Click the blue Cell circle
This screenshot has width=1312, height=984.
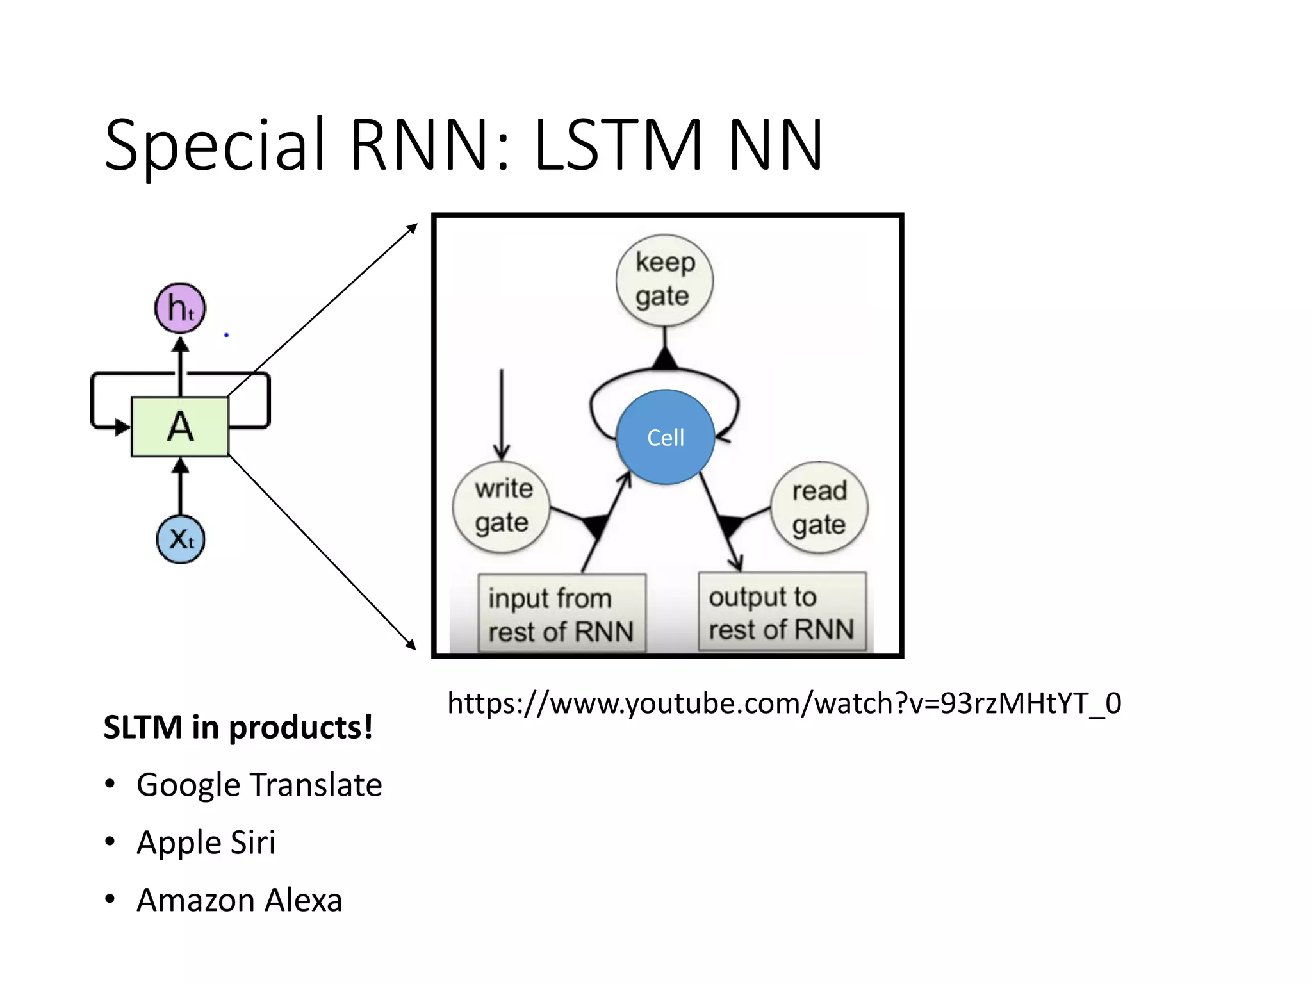(x=666, y=437)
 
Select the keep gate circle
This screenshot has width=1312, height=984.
(x=664, y=281)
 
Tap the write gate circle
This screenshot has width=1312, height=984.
(x=502, y=507)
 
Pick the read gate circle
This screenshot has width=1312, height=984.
(x=819, y=507)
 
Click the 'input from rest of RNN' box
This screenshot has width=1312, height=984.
(x=562, y=613)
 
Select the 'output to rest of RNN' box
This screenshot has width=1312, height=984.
(x=782, y=612)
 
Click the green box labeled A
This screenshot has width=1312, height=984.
(x=180, y=427)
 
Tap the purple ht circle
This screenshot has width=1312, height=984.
(x=180, y=308)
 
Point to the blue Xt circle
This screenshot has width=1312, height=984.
(x=180, y=539)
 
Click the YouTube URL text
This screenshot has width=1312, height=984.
(x=783, y=703)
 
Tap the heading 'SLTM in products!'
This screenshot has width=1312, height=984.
(x=238, y=727)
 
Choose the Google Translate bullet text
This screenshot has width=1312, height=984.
(x=259, y=785)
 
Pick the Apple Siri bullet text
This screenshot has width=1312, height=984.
(x=206, y=842)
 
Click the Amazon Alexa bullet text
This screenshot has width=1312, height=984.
(x=239, y=900)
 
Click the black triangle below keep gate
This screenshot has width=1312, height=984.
(x=665, y=359)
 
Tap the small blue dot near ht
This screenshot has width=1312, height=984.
(x=226, y=335)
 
